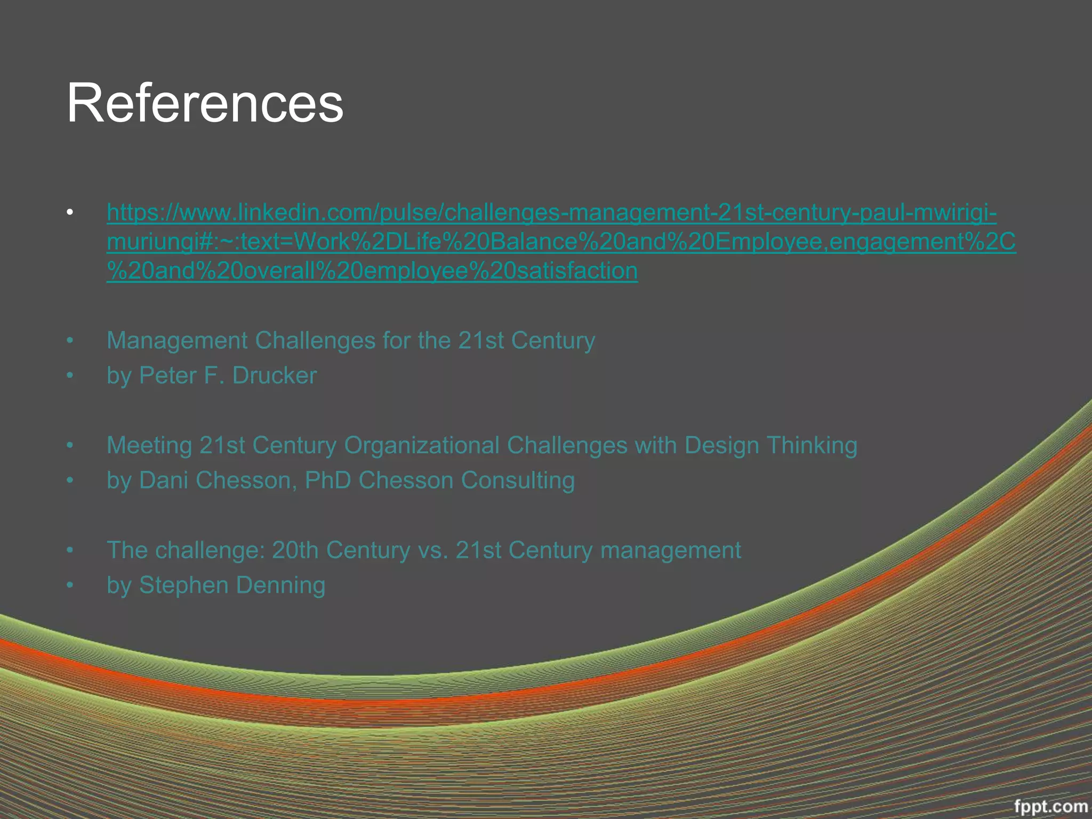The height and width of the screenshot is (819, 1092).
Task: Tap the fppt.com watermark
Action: point(1050,805)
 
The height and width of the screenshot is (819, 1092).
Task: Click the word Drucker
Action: point(275,375)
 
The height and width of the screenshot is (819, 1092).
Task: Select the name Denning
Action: point(280,585)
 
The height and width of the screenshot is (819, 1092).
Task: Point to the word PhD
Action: point(328,480)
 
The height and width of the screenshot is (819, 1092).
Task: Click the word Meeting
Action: point(149,446)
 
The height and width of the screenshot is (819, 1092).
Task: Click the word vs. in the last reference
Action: point(432,550)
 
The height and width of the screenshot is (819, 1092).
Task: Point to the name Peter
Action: point(168,375)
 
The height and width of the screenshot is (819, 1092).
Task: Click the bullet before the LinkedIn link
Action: point(70,213)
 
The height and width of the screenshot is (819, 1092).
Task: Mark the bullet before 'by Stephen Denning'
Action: point(70,585)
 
